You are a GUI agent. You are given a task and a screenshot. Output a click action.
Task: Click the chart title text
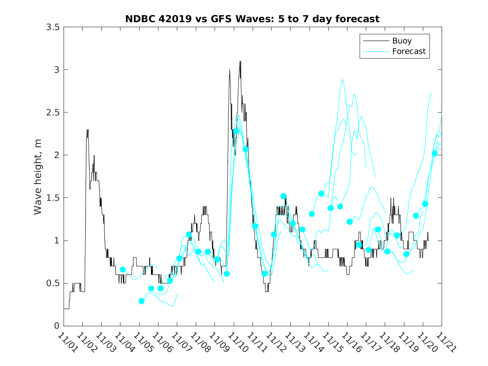click(x=252, y=19)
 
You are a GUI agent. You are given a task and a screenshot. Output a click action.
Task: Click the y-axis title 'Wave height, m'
click(x=38, y=177)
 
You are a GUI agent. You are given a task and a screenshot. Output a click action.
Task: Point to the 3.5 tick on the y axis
click(x=54, y=27)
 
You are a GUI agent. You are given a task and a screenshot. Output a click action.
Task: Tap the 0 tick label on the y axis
click(x=57, y=326)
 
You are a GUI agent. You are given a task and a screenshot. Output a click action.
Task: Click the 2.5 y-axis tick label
click(x=54, y=112)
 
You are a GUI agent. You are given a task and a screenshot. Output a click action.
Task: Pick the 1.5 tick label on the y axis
click(x=54, y=198)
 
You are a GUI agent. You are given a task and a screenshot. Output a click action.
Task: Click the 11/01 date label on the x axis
click(x=67, y=343)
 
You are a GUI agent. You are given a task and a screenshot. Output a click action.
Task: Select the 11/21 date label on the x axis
click(x=445, y=343)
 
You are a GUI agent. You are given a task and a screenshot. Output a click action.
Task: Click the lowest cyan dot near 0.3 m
click(x=141, y=301)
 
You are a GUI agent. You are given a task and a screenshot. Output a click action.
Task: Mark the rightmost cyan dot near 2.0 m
click(x=434, y=154)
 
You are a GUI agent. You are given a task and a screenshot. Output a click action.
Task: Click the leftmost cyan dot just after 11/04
click(x=123, y=270)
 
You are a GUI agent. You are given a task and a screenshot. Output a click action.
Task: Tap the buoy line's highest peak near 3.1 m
click(x=240, y=61)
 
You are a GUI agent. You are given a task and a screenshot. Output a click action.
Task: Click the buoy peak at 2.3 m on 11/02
click(x=87, y=130)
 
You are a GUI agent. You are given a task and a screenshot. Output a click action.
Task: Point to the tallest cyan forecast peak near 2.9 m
click(x=342, y=79)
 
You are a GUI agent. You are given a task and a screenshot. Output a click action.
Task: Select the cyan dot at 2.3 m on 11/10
click(x=236, y=131)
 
